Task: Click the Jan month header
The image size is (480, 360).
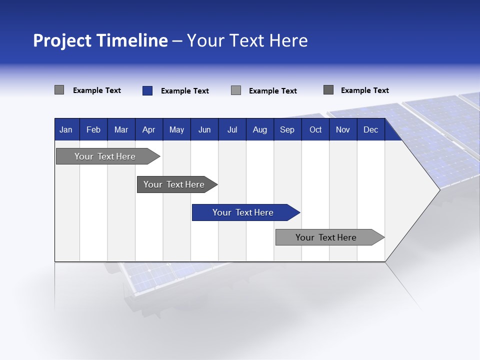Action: [66, 129]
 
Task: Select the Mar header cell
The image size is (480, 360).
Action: [121, 129]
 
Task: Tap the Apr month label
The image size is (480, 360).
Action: [148, 129]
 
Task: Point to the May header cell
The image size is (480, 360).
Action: [176, 129]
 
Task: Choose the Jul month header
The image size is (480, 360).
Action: [232, 129]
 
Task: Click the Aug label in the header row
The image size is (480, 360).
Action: [259, 129]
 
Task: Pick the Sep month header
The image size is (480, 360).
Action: [287, 129]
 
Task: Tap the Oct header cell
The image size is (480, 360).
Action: [315, 129]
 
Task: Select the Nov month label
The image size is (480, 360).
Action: [342, 129]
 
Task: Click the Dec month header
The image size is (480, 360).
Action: [370, 129]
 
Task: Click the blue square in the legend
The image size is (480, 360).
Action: [147, 90]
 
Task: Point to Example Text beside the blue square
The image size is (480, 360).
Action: [184, 91]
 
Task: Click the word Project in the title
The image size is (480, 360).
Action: [62, 40]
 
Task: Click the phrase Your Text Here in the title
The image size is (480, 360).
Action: [247, 40]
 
